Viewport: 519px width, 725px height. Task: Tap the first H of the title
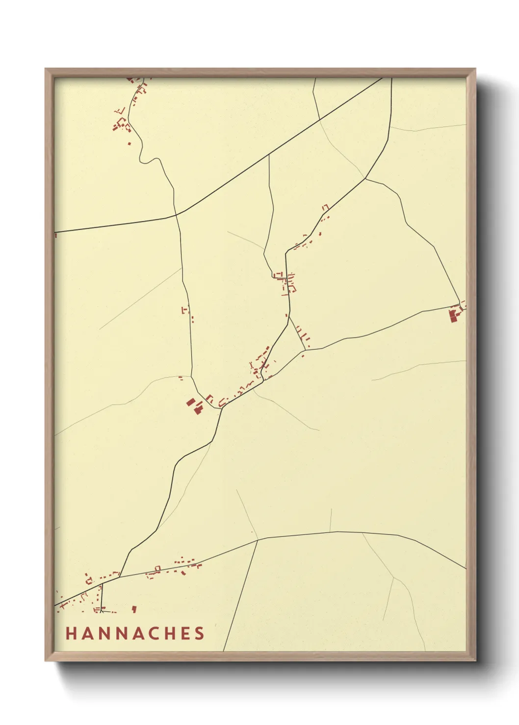point(71,633)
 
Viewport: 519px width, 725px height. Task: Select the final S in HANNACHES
point(199,633)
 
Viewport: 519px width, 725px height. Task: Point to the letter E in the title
point(185,633)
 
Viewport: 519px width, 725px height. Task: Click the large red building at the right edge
point(454,314)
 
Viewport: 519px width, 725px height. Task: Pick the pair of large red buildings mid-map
point(195,405)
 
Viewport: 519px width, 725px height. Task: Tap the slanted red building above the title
point(134,609)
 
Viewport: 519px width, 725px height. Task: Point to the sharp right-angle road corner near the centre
point(286,253)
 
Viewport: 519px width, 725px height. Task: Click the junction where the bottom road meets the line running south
point(258,540)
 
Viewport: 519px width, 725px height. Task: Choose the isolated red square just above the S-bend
point(130,144)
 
